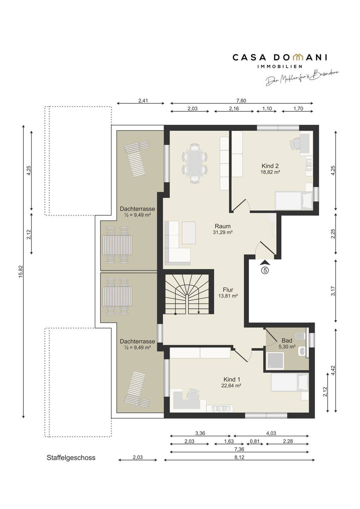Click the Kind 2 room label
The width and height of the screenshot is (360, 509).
coord(270,166)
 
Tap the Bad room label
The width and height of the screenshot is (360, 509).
coord(287,341)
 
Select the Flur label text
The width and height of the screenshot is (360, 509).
coord(228,290)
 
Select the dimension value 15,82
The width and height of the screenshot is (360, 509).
coord(21,271)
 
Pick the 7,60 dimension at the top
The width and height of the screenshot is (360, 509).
coord(242,100)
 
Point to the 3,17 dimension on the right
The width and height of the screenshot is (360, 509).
coord(333,291)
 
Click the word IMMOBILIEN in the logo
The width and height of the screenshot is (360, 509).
coord(280,66)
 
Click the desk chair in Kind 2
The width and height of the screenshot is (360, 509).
coord(295,144)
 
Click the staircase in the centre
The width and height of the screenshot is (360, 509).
coord(187,294)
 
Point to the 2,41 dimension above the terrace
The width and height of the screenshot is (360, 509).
coord(143,100)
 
